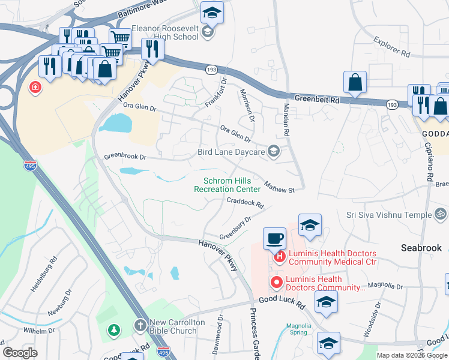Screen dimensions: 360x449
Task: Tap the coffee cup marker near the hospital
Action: tap(274, 238)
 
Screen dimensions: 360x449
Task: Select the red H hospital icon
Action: tap(279, 258)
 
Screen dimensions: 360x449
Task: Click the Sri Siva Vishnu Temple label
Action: tap(389, 215)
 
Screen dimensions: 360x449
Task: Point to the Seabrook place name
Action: tap(421, 248)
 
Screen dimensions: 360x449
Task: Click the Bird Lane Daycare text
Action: tap(231, 152)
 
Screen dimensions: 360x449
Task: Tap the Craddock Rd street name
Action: tap(245, 203)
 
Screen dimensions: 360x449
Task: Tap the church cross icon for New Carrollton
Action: tap(139, 326)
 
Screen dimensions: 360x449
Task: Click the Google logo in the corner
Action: tap(20, 353)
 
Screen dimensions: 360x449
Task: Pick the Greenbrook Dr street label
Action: tap(125, 157)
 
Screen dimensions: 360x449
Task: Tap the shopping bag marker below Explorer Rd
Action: tap(355, 82)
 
